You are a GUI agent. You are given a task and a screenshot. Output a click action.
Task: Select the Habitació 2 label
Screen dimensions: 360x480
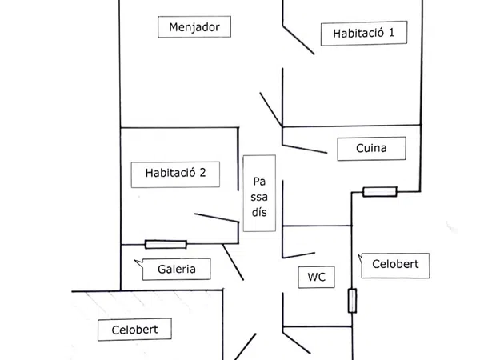[x=175, y=172]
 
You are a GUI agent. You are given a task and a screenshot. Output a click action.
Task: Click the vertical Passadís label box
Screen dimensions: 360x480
[x=259, y=194]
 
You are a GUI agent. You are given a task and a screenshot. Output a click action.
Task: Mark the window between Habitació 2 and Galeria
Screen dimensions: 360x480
[x=166, y=244]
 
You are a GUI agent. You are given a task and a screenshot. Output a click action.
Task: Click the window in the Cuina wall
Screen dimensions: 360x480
[x=379, y=191]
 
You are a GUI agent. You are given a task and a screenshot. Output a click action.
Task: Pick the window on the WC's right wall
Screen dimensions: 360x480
[x=352, y=301]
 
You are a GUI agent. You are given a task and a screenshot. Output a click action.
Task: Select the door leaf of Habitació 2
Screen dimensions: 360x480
[x=216, y=218]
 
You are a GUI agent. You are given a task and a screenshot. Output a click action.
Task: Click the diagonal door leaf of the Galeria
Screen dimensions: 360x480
[x=233, y=262]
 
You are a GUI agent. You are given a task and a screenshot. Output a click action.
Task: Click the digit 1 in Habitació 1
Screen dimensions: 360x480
[x=393, y=34]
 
